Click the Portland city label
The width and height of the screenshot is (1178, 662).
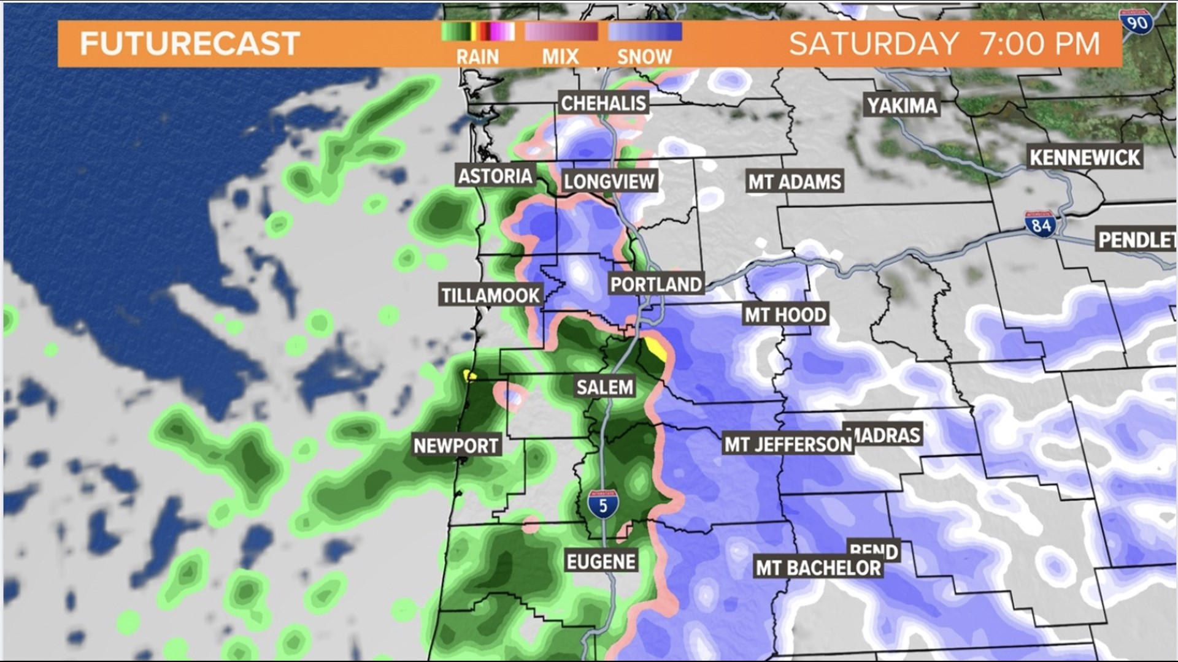pyautogui.click(x=656, y=284)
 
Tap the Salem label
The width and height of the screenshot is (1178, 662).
pyautogui.click(x=604, y=387)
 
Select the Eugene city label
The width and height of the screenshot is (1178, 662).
pyautogui.click(x=601, y=561)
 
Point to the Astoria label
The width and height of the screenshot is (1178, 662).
pyautogui.click(x=495, y=177)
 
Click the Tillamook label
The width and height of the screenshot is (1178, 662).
pyautogui.click(x=490, y=295)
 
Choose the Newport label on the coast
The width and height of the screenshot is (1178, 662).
pyautogui.click(x=456, y=446)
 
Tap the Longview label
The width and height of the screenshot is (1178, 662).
pyautogui.click(x=609, y=181)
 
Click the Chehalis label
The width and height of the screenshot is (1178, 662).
pyautogui.click(x=604, y=103)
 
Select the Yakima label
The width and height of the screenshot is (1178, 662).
pyautogui.click(x=902, y=106)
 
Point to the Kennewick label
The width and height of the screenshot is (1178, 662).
pyautogui.click(x=1085, y=158)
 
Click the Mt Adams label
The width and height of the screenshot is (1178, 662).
pyautogui.click(x=795, y=182)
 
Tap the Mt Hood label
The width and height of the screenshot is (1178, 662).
pyautogui.click(x=785, y=315)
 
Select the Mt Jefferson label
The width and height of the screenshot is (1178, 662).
pyautogui.click(x=788, y=444)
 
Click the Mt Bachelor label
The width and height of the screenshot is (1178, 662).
pyautogui.click(x=818, y=568)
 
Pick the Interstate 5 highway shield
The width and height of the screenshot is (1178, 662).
pyautogui.click(x=603, y=504)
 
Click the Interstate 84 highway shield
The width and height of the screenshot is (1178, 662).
pyautogui.click(x=1041, y=225)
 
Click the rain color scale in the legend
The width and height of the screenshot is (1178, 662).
pyautogui.click(x=478, y=32)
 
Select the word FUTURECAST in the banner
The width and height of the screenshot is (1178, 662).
pyautogui.click(x=190, y=44)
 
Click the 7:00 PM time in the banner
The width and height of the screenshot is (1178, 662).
pyautogui.click(x=1039, y=44)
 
